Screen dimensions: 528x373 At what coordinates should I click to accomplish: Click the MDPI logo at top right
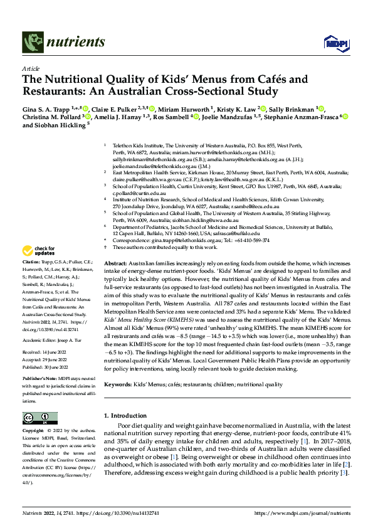click(333, 42)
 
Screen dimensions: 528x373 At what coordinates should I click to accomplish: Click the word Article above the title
click(30, 68)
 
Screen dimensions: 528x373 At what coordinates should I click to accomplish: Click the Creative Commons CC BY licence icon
click(37, 418)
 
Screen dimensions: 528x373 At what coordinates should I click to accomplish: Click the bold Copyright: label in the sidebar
click(34, 431)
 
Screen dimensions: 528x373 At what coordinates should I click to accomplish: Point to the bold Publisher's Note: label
click(39, 379)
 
